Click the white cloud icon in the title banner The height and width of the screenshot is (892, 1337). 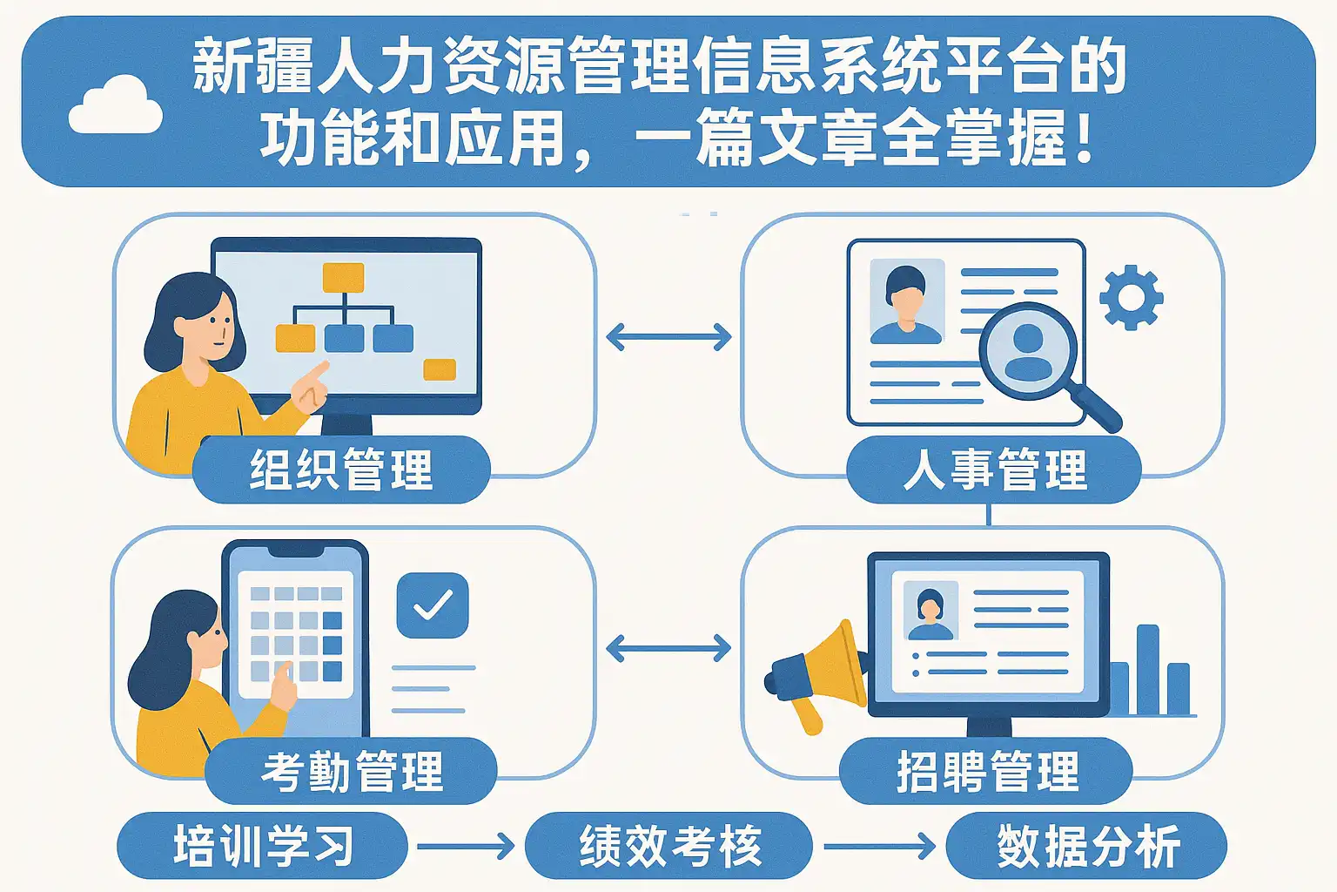coord(116,106)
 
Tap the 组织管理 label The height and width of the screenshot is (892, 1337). coord(341,470)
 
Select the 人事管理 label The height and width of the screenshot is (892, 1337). coord(994,470)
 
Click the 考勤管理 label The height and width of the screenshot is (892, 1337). coord(352,772)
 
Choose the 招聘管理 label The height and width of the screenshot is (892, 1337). coord(986,772)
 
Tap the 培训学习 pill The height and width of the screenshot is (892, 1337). coord(262,846)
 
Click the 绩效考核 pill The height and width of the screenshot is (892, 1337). coord(668,846)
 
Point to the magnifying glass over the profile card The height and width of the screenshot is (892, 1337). coord(1031,353)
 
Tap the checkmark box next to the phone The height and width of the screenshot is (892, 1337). coord(433,605)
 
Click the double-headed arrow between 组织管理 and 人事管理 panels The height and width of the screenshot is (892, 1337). coord(668,337)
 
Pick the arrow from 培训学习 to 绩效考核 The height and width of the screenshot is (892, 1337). coord(466,846)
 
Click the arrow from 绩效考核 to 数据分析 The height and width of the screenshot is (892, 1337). coord(879,846)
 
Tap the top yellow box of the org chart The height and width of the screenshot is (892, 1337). coord(344,278)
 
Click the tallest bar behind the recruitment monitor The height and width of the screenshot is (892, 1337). coord(1147,669)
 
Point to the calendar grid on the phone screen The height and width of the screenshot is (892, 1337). coord(296,633)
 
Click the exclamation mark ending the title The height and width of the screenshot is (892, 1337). coord(1085,139)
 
